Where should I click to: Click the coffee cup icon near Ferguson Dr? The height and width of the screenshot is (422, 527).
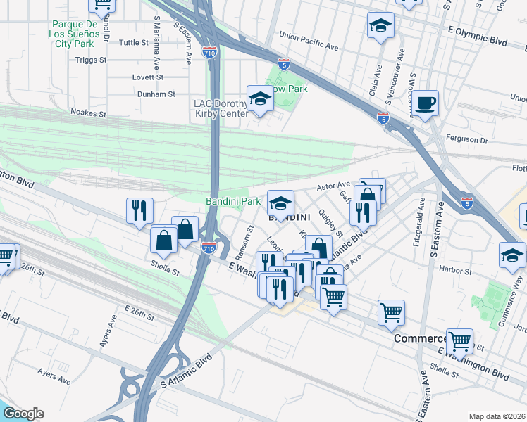coord(426,103)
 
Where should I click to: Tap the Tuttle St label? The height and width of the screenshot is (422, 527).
coord(134,43)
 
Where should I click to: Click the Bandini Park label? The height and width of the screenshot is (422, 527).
coord(233,202)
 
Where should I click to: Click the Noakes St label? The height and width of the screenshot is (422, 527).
coord(88,112)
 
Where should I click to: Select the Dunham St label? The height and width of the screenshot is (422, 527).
coord(156,94)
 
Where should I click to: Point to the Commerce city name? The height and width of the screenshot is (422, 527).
coord(418,338)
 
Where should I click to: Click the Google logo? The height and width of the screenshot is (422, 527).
coord(23,413)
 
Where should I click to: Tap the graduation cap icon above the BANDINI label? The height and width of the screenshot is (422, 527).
coord(280,204)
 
